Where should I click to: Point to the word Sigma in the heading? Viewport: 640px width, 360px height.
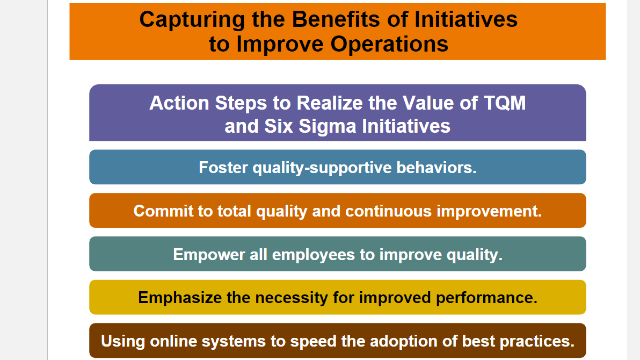[328, 126]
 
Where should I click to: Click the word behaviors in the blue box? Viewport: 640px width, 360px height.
[436, 168]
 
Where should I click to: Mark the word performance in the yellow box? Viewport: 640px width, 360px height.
[486, 298]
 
